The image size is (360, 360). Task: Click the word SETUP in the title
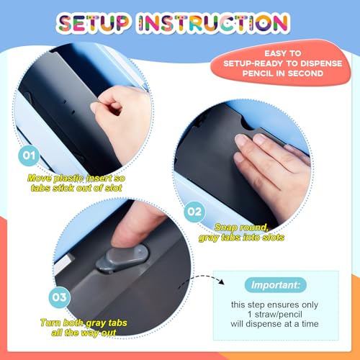[x=94, y=23]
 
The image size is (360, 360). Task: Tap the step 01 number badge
[x=29, y=156]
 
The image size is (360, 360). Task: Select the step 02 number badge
[x=194, y=212]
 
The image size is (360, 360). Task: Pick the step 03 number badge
[x=59, y=297]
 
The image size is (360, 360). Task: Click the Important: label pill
[x=276, y=285]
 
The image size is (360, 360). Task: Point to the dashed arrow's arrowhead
[x=221, y=282]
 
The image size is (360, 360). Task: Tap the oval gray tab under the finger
[x=122, y=258]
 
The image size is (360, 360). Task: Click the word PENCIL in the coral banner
[x=257, y=73]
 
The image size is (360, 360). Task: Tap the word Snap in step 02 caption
[x=224, y=227]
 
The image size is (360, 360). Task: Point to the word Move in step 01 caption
[x=40, y=178]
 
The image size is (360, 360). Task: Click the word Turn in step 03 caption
[x=50, y=323]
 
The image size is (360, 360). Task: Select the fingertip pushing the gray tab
[x=125, y=238]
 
